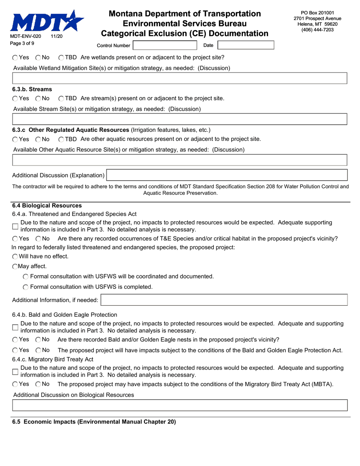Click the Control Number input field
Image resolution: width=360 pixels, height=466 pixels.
click(x=165, y=45)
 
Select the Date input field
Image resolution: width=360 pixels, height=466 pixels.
click(x=246, y=45)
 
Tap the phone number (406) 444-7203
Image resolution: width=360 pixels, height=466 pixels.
click(x=317, y=30)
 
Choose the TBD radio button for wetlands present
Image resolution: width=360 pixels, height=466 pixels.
click(x=61, y=58)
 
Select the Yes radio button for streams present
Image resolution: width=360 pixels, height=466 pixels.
click(x=15, y=99)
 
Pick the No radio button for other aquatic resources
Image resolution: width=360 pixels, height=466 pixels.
click(x=38, y=139)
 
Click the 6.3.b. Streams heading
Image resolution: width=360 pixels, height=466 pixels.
click(x=32, y=89)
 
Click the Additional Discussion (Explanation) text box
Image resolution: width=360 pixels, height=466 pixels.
click(x=227, y=175)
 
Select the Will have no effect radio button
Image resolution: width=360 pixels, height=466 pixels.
click(x=15, y=256)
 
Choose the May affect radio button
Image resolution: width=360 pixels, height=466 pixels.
click(x=15, y=266)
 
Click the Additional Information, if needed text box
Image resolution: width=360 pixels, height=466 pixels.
click(x=224, y=300)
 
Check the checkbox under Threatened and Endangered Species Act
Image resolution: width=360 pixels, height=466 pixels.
click(x=15, y=226)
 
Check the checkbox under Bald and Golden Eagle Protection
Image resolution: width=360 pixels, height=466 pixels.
click(x=15, y=327)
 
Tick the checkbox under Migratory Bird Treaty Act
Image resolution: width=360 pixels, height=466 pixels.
click(x=15, y=371)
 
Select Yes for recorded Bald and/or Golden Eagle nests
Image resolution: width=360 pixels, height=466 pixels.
click(x=15, y=339)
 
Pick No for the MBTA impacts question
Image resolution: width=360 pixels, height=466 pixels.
click(x=38, y=384)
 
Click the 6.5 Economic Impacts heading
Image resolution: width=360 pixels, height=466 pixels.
click(x=94, y=422)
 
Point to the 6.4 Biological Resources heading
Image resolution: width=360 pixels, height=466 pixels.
click(x=47, y=206)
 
